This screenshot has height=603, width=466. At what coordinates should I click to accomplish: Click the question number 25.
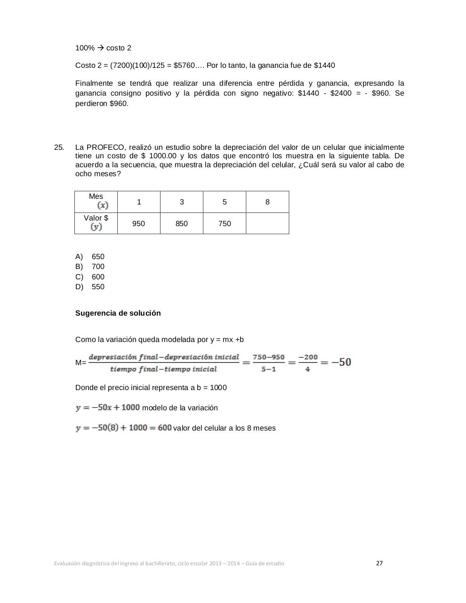59,147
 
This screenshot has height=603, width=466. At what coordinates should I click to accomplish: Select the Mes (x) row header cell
96,202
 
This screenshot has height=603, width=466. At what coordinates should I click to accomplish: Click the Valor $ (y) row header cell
96,223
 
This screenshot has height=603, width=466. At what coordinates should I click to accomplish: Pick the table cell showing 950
138,223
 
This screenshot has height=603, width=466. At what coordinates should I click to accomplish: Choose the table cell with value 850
182,223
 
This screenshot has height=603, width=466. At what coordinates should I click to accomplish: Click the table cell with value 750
225,223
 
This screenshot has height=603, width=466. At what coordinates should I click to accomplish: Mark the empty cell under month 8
267,223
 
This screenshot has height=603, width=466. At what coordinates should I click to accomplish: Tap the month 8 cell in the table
267,202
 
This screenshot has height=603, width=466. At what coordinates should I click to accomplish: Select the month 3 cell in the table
182,202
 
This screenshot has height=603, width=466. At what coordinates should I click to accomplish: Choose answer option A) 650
90,257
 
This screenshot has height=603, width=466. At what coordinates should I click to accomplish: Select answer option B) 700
90,267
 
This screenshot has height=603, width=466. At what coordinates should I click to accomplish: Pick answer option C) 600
90,277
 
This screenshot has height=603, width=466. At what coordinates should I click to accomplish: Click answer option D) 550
90,287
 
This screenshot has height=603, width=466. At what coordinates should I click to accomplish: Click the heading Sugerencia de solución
118,313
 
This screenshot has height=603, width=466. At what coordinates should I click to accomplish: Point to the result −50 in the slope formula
341,362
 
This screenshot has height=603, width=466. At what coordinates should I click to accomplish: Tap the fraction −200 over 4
308,363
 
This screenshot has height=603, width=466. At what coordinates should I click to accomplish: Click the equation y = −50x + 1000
108,407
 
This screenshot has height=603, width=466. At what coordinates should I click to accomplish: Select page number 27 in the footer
379,563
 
